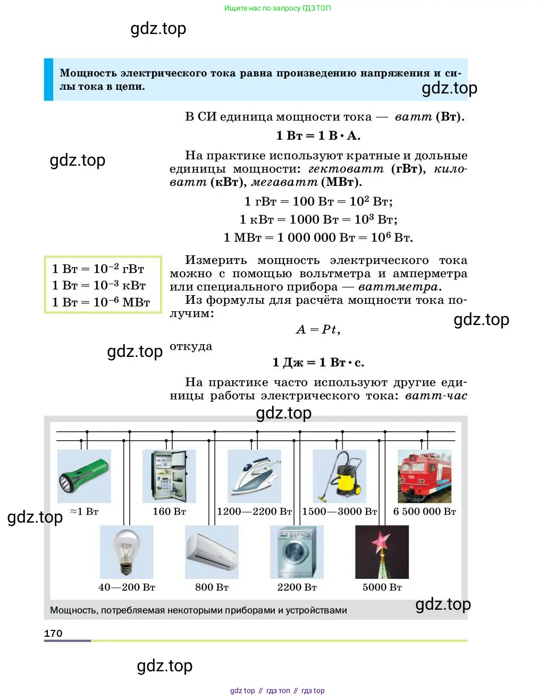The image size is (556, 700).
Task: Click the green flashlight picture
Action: coord(84,476)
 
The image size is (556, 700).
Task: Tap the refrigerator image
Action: coord(169,476)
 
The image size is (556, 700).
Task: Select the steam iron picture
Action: coord(254,476)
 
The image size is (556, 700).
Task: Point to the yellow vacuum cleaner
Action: coord(339,476)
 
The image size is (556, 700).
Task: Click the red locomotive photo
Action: coord(425,476)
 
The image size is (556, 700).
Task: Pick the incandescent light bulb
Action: coord(127,552)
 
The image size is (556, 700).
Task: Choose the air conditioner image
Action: coord(212,552)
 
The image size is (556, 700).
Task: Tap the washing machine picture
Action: coord(297,552)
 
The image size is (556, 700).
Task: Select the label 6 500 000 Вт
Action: coord(425,511)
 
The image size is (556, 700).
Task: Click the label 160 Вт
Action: coord(169,511)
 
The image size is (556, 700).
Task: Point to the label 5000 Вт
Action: coord(382,587)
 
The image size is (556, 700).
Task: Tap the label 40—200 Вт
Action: coord(127,587)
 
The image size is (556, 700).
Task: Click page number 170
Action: coord(53,634)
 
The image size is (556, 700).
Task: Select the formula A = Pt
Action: coord(318,330)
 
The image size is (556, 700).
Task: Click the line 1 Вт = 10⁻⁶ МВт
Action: coord(101,303)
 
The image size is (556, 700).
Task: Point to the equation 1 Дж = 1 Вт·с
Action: coord(318,363)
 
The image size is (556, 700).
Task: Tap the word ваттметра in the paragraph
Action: coord(399,287)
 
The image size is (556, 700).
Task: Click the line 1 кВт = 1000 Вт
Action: coord(318,219)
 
